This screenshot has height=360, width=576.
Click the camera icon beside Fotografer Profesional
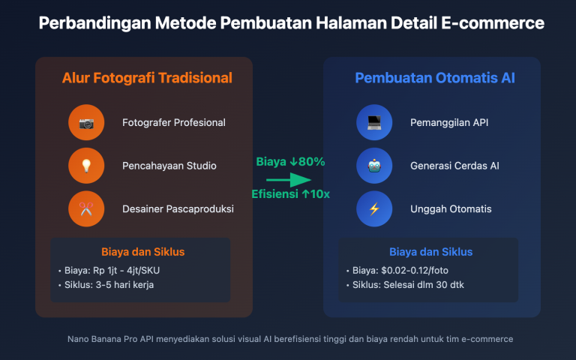[x=86, y=122]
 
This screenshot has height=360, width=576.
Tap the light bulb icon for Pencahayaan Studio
[x=86, y=166]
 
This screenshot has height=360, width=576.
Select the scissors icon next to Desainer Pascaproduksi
[x=86, y=209]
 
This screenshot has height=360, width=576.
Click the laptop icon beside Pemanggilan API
[x=374, y=122]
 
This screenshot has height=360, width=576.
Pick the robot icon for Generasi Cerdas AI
[x=374, y=166]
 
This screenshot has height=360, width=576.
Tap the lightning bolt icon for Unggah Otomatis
[x=374, y=209]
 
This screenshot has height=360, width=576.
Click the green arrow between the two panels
[x=288, y=180]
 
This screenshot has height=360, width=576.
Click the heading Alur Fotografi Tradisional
[x=147, y=78]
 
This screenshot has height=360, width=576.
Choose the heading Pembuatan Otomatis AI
[x=435, y=78]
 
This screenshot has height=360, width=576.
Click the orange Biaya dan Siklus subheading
[x=142, y=251]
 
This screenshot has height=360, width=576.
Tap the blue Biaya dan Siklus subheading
[x=430, y=251]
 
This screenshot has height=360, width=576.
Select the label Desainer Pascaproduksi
[x=178, y=209]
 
